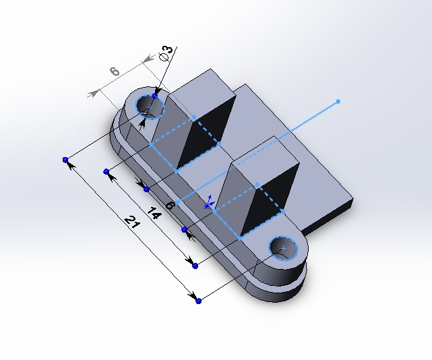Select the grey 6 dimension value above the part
point(115,71)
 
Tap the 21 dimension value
point(131,223)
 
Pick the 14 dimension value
point(153,214)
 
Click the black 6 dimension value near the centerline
point(170,204)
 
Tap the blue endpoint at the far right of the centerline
point(338,102)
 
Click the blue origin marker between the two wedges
point(210,202)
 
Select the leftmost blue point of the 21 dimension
point(65,160)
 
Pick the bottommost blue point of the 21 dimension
point(198,301)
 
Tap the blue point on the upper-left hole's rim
point(155,96)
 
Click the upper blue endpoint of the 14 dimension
point(106,172)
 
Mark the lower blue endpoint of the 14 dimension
point(195,266)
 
